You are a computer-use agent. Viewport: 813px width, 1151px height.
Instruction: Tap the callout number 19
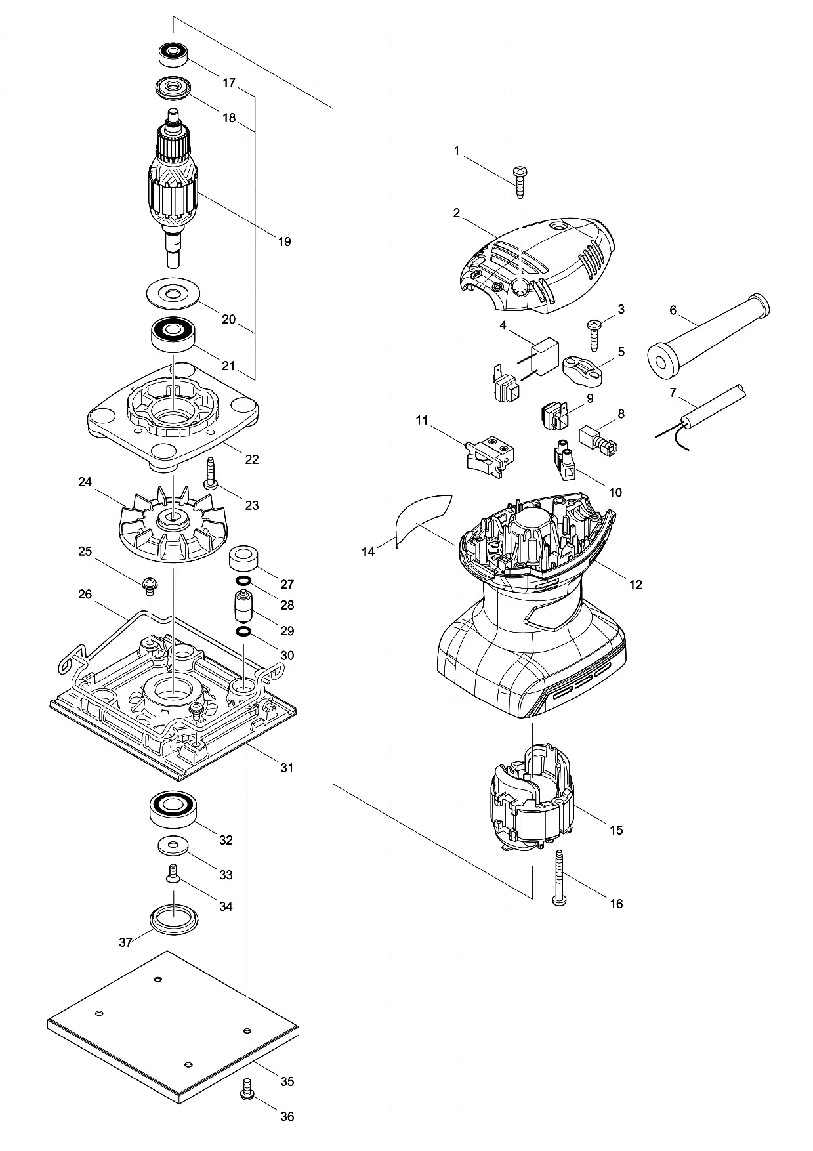click(x=284, y=241)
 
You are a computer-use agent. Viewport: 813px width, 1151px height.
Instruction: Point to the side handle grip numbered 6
click(x=707, y=336)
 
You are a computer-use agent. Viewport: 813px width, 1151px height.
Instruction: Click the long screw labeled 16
click(x=560, y=877)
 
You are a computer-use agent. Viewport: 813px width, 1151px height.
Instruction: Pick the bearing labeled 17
click(x=174, y=54)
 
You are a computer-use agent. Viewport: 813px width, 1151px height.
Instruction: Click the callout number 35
click(x=287, y=1081)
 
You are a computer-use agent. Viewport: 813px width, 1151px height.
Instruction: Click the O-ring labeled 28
click(x=242, y=581)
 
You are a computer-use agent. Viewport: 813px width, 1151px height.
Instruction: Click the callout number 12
click(x=635, y=585)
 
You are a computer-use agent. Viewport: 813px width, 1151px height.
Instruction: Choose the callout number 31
click(x=287, y=767)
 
